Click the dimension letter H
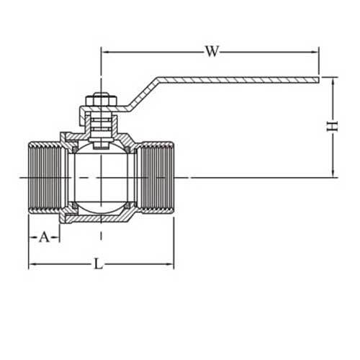pos(332,126)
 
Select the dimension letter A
pos(43,236)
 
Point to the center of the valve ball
pos(100,177)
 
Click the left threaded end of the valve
pos(45,177)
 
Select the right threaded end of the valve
pos(156,177)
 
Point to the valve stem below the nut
pos(100,126)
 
